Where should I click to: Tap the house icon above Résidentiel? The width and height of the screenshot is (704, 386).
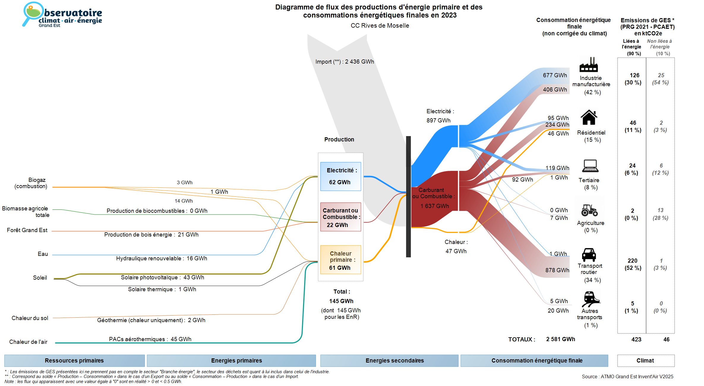point(589,117)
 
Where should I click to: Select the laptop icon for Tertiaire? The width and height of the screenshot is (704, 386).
point(590,166)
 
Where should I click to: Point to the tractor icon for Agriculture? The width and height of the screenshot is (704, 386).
point(589,210)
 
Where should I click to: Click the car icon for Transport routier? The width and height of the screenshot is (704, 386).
point(589,255)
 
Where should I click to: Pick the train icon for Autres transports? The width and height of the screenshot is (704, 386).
point(590,299)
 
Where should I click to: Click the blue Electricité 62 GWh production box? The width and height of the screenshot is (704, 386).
point(340,176)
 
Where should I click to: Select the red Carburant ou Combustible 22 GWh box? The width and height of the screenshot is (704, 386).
point(340,217)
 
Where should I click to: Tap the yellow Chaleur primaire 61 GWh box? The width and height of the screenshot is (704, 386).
point(340,260)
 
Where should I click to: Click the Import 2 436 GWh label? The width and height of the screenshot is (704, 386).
point(345,62)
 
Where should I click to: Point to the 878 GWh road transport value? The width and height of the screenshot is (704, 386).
point(557,270)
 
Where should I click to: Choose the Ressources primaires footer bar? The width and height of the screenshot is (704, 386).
point(74,360)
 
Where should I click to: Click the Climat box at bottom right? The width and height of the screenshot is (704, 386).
point(645,360)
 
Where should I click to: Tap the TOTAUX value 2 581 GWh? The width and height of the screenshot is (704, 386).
point(561,339)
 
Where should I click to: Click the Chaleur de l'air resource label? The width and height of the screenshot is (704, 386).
point(28,342)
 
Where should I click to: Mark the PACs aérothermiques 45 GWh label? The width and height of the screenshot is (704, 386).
point(150,339)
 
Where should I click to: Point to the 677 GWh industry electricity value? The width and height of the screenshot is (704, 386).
point(555,75)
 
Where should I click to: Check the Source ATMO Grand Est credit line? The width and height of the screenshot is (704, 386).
point(627,377)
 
